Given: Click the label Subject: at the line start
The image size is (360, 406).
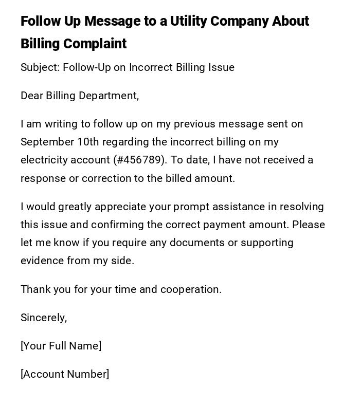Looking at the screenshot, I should pyautogui.click(x=40, y=67).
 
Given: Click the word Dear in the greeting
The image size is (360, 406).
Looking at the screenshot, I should pyautogui.click(x=32, y=96).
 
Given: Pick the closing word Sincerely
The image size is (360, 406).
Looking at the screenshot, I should pyautogui.click(x=44, y=318).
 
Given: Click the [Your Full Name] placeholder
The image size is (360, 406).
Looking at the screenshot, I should pyautogui.click(x=61, y=346).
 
